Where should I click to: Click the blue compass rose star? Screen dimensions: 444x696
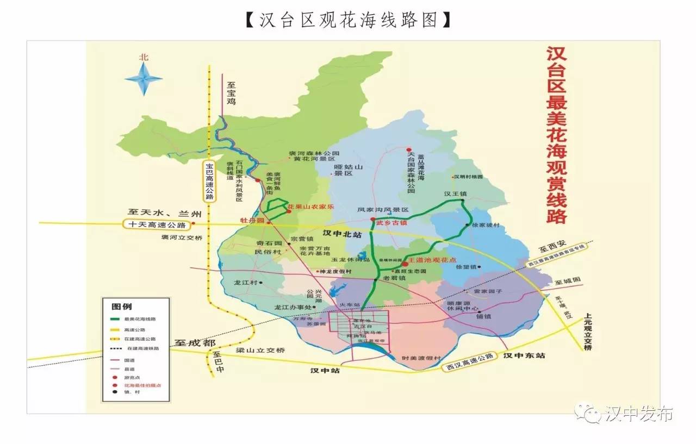click(144, 79)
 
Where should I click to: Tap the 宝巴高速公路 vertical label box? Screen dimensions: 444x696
click(209, 181)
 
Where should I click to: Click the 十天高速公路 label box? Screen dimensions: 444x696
click(157, 224)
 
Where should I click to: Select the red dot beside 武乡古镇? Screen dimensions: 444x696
click(372, 220)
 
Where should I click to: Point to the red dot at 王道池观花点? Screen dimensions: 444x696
click(405, 264)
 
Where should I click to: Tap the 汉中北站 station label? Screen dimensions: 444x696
click(341, 234)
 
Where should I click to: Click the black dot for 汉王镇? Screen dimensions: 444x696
click(463, 201)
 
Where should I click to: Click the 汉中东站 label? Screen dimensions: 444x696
click(524, 355)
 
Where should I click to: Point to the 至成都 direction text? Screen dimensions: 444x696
click(195, 343)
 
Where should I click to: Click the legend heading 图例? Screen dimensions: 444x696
click(121, 307)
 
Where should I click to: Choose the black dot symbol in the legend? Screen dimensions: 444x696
click(115, 392)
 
